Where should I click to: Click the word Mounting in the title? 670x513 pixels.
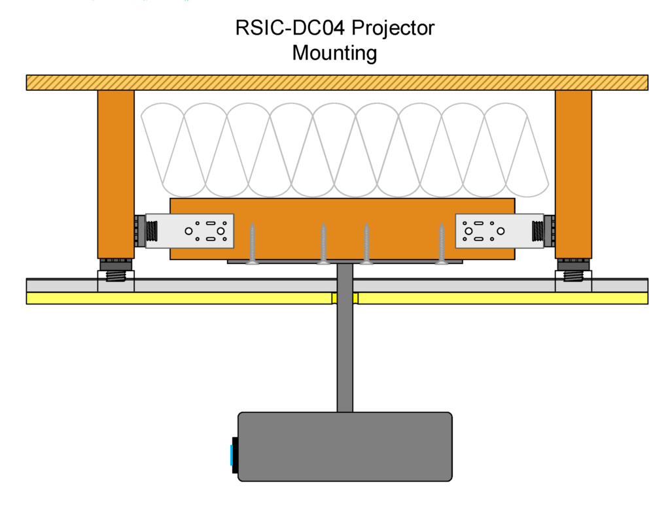334,53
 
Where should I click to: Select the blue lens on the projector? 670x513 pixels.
232,454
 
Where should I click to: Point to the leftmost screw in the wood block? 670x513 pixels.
252,244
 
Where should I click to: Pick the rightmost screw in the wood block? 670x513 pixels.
442,244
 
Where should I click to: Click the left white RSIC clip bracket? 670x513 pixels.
189,231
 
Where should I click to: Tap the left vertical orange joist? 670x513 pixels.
116,173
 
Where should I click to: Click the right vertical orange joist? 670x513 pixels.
573,173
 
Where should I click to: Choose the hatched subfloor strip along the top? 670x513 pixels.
337,82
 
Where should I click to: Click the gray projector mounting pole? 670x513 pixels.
345,353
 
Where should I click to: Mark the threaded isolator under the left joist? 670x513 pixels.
116,275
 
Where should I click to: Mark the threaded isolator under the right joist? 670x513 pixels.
573,275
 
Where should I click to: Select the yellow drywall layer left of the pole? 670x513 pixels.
177,298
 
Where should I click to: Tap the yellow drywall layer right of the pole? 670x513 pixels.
504,298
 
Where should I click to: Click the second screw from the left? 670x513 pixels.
323,244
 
